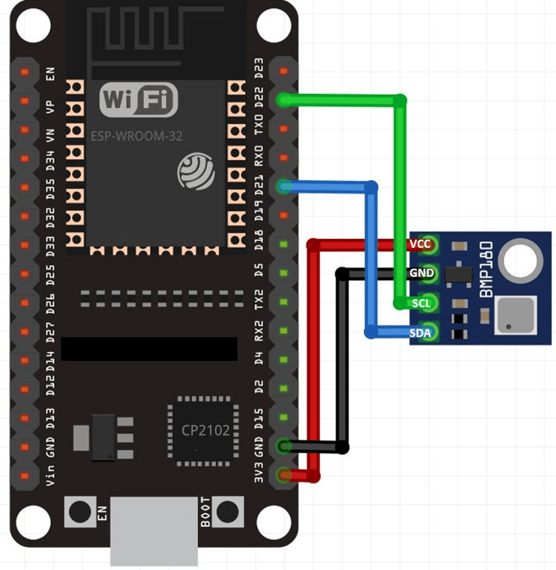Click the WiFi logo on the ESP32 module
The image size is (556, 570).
click(139, 99)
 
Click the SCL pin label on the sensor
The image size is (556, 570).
click(421, 303)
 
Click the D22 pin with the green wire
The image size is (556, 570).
click(284, 99)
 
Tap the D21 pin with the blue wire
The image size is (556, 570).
click(284, 186)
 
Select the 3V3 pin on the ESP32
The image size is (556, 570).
click(284, 475)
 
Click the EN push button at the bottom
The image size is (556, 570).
click(79, 512)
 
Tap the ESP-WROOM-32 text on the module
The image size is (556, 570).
click(137, 137)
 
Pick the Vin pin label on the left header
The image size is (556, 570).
click(49, 474)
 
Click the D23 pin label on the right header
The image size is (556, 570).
click(259, 71)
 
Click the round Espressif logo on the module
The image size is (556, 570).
click(196, 171)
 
